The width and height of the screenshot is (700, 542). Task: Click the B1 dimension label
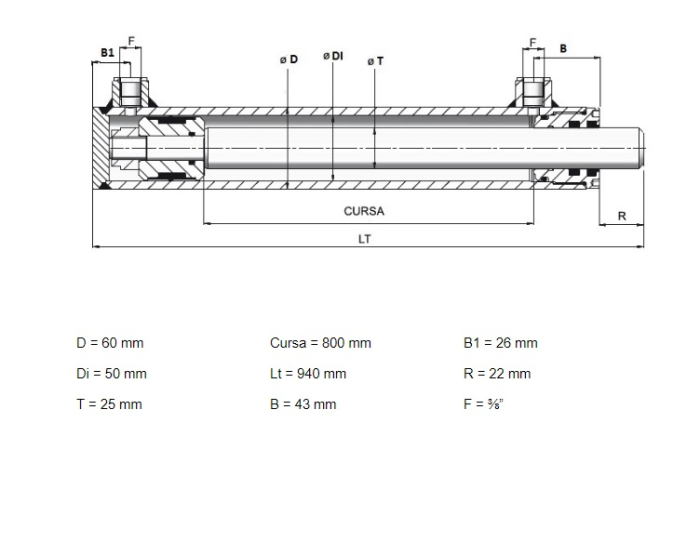coord(107,53)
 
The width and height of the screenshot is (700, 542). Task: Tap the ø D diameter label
coord(289,59)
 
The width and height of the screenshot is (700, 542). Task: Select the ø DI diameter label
coord(333,56)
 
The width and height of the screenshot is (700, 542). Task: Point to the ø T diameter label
coord(375,61)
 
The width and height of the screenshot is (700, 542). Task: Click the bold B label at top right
coord(563,48)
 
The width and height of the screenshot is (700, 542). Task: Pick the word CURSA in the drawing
coord(364,211)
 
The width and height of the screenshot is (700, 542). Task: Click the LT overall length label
coord(365,239)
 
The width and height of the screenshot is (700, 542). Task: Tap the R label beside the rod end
coord(622,216)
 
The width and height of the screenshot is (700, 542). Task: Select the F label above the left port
coord(131,42)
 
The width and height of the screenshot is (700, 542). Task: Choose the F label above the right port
coord(533,42)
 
